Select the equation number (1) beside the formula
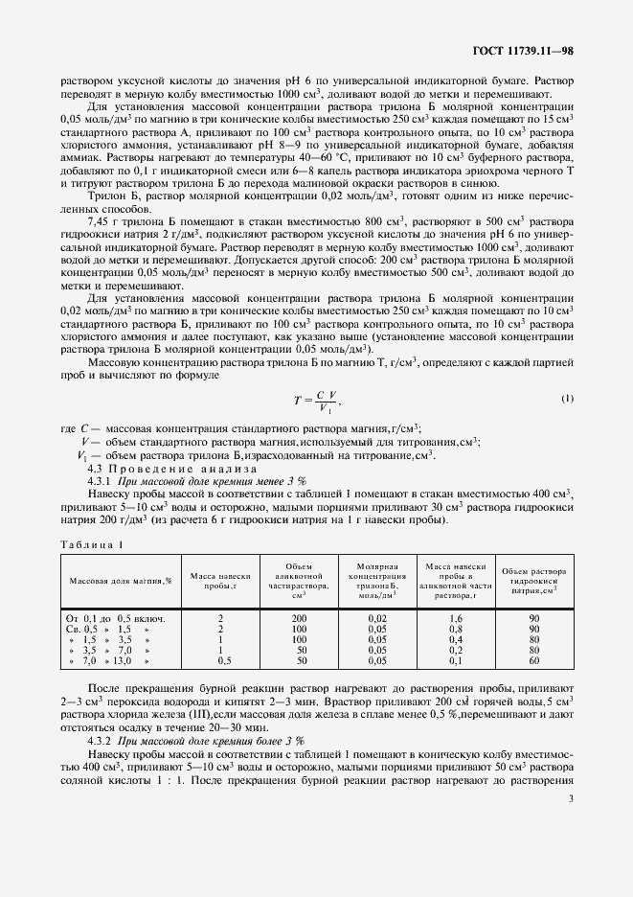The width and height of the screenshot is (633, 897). point(566,398)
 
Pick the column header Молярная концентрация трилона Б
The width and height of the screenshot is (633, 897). point(371,580)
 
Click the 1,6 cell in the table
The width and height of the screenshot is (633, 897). point(456,619)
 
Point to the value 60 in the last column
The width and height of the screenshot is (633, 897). point(533,661)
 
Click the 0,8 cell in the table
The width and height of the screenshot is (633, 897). point(456,630)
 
